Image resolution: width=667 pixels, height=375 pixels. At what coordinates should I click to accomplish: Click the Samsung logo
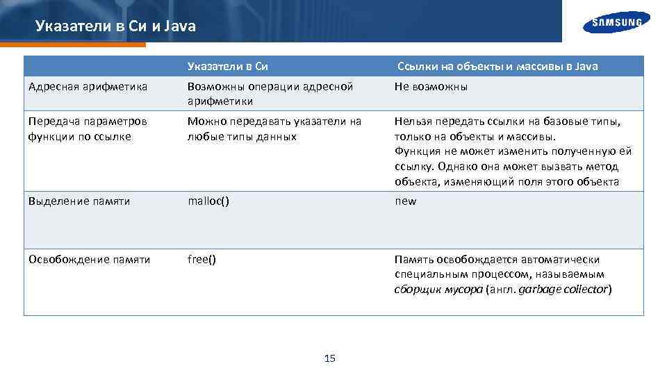click(616, 22)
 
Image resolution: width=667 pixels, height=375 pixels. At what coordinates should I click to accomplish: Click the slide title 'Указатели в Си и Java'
click(115, 27)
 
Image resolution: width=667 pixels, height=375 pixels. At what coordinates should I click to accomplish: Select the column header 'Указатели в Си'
click(228, 67)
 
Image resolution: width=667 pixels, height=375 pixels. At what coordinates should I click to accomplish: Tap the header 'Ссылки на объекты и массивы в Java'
click(497, 67)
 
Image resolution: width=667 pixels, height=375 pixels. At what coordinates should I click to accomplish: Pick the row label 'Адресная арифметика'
click(88, 87)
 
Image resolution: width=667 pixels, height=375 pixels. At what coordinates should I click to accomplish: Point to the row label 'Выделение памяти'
click(79, 201)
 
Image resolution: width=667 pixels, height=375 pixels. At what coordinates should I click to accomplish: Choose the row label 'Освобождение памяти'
click(90, 260)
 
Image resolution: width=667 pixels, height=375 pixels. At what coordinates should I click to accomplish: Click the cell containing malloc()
click(208, 201)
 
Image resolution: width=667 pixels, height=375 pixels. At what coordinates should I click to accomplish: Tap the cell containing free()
click(201, 260)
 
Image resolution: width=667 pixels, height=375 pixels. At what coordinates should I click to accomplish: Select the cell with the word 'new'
click(406, 201)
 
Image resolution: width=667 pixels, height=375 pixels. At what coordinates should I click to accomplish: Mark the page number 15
click(330, 358)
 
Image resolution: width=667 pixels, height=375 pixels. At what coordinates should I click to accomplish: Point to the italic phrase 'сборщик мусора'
click(438, 290)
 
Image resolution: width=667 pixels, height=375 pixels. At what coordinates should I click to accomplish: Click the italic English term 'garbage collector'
click(563, 290)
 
